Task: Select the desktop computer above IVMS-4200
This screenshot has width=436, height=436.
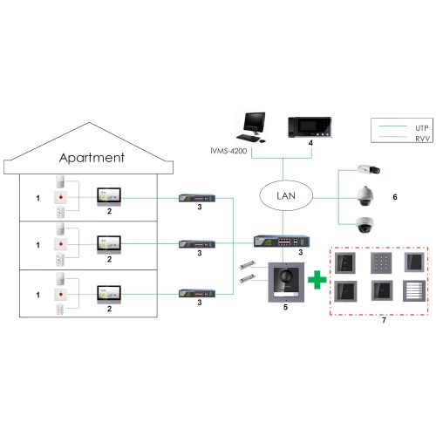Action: (x=254, y=127)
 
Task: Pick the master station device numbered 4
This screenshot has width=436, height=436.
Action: (x=310, y=128)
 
